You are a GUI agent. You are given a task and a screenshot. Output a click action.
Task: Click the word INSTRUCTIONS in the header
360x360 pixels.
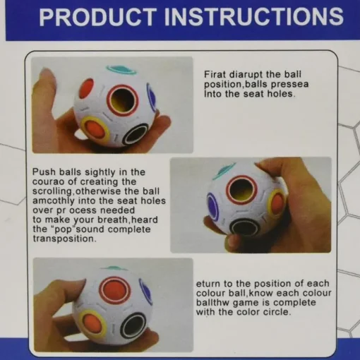pos(254,17)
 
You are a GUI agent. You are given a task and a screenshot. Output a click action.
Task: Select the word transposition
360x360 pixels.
pos(64,239)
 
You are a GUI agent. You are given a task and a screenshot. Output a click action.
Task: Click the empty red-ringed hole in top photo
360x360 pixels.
pos(122,100)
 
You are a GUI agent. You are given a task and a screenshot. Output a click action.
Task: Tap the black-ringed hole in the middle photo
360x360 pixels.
pos(245,229)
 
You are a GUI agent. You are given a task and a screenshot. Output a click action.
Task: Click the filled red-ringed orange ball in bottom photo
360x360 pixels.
pos(114,293)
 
